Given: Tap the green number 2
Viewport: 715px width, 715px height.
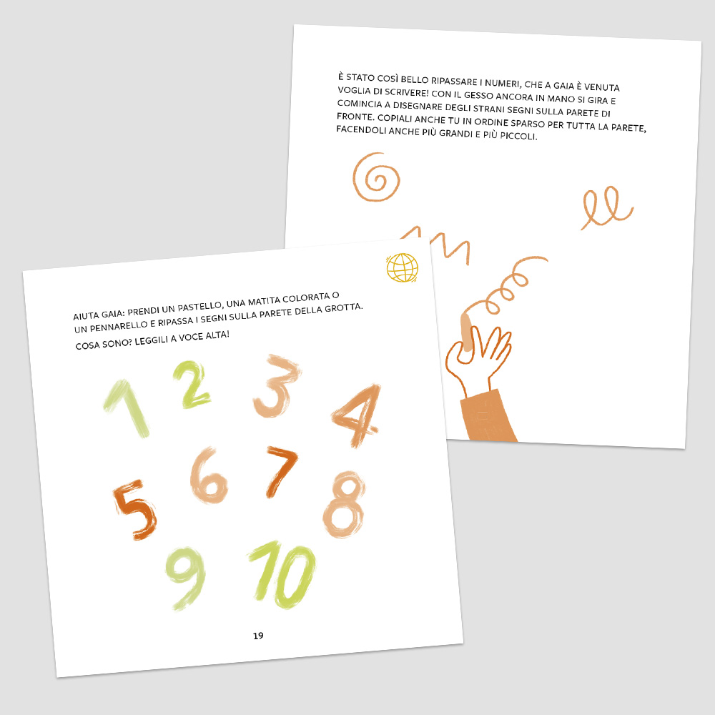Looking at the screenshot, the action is click(192, 384).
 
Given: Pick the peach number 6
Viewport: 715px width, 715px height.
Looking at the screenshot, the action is click(209, 476).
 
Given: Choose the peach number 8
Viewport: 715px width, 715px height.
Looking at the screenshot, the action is click(345, 504).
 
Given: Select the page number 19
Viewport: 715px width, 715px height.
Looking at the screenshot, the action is click(258, 636).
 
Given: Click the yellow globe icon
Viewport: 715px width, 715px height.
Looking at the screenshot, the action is click(402, 267).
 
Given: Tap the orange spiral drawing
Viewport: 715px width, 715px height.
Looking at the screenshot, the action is click(376, 177).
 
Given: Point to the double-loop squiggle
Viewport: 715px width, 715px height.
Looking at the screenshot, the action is click(606, 209).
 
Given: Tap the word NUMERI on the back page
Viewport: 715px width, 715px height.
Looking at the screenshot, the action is click(502, 84).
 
